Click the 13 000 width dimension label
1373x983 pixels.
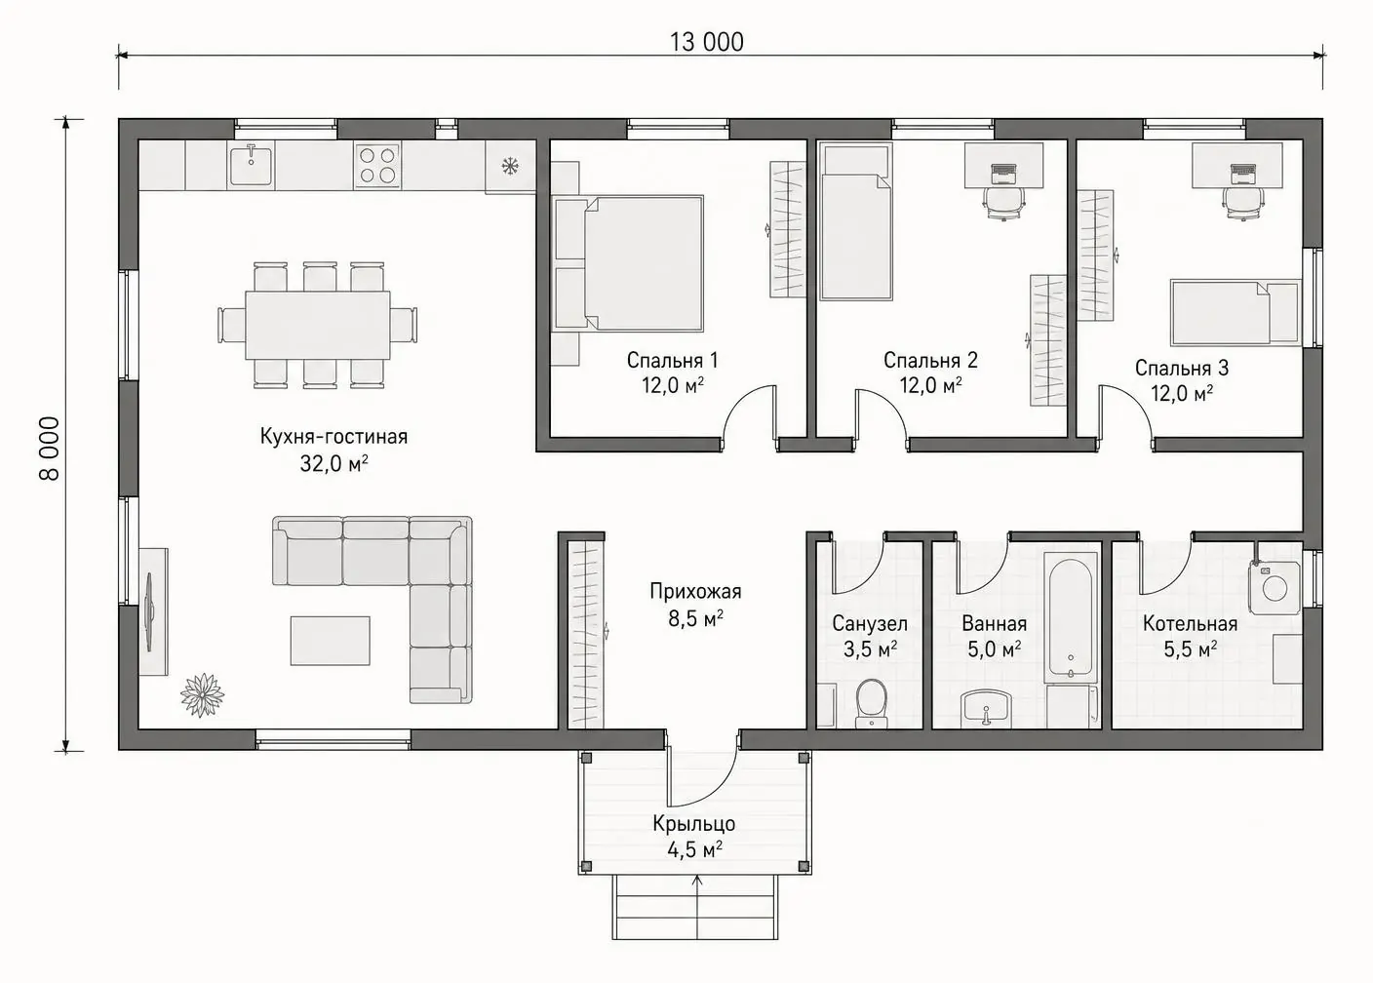(707, 42)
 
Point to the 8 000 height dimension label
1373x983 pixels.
(51, 449)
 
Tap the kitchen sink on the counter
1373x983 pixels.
(252, 164)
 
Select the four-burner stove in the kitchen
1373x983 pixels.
(377, 165)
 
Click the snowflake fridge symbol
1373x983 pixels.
(510, 166)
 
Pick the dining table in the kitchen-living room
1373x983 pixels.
(318, 326)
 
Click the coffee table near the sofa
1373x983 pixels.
(330, 641)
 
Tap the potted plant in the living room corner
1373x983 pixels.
(202, 694)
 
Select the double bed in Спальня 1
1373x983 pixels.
(627, 263)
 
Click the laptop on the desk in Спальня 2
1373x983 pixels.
(1004, 174)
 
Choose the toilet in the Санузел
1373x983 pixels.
(871, 702)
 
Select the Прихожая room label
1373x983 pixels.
(695, 591)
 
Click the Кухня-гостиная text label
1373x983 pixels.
(333, 436)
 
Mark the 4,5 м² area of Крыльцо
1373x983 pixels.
(694, 850)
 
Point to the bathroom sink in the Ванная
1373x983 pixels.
(986, 708)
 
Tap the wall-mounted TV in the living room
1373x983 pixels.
(149, 612)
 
